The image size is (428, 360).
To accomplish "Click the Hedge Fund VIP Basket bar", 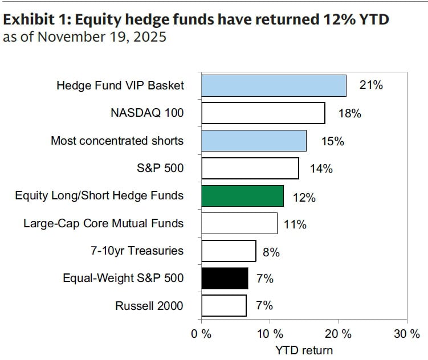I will point(274,85).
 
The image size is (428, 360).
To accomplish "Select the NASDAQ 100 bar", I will point(263,113).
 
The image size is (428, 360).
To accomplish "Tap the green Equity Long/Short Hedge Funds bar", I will point(242,195).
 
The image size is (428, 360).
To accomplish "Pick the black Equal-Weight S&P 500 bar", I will point(225,279).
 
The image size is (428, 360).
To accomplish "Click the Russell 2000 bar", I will point(224,306).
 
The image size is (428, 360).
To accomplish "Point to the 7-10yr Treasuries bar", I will point(229,251).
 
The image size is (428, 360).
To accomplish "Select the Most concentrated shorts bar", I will point(254,140).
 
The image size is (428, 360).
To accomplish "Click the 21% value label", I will point(371,85).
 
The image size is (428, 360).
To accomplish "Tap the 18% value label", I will point(349,113).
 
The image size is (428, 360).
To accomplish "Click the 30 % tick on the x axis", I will point(406,334).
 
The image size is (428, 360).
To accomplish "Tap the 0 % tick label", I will point(202,334).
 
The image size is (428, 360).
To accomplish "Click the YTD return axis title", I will point(304,349).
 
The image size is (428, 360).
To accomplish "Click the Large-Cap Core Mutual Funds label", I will point(104,223).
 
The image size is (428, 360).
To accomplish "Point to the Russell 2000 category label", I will point(149,306).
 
